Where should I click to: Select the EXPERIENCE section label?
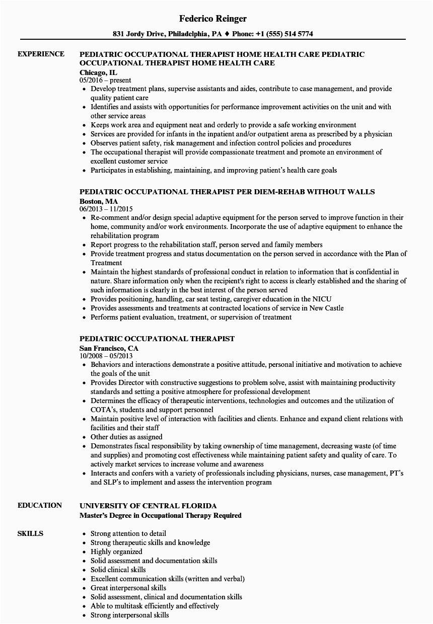41,54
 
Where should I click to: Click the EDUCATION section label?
40,505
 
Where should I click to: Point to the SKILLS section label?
30,533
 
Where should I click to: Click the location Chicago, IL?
98,72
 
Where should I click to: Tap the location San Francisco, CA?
109,348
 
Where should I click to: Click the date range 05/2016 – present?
105,80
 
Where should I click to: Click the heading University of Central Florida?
148,506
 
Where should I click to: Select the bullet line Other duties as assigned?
126,437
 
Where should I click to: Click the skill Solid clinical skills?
118,570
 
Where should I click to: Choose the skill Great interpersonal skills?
128,588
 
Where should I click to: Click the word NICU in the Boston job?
321,299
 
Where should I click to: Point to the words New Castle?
330,308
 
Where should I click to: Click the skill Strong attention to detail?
128,533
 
